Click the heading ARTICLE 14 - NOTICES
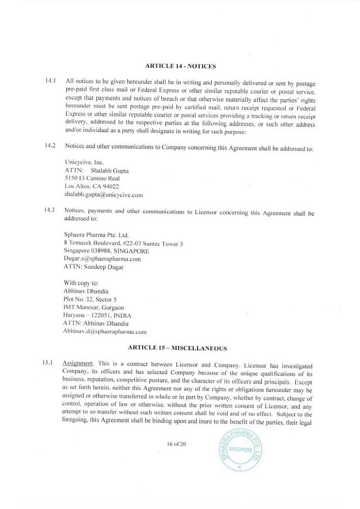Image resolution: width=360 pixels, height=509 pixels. pos(180,66)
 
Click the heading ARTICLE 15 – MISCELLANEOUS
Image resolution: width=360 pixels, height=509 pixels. pos(180,348)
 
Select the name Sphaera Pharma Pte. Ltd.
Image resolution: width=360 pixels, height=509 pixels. pos(96,235)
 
